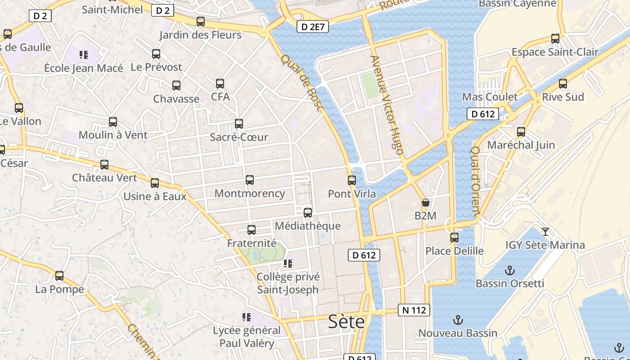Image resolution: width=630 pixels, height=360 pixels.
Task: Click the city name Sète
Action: tap(346, 321)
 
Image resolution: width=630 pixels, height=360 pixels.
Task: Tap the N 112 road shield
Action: tap(414, 310)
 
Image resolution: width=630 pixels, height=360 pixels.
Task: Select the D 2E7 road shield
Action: tap(313, 27)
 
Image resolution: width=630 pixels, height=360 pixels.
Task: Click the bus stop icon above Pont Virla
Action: tap(352, 180)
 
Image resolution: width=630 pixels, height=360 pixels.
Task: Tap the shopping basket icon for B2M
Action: tap(425, 203)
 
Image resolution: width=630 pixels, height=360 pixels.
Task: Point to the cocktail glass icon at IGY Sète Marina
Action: tap(545, 232)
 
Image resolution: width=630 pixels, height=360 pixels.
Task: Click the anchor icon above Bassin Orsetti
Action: tap(510, 270)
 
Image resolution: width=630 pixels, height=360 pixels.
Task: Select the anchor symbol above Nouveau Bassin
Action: tap(458, 320)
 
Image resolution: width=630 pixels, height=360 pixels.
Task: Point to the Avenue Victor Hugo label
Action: tap(386, 105)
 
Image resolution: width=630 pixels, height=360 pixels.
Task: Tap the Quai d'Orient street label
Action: tap(477, 180)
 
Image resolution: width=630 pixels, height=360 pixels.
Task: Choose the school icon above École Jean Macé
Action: tap(83, 55)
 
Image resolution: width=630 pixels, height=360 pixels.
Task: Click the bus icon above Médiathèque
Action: tap(308, 213)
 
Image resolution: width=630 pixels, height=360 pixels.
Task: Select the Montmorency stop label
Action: tap(250, 193)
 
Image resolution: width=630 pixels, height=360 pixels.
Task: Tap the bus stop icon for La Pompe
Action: tap(59, 276)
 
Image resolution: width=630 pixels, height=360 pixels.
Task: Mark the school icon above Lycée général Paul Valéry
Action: tap(246, 318)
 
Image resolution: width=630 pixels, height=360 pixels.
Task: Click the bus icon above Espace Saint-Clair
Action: tap(555, 39)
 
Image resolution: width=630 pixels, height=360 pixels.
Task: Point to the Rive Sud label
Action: tap(563, 97)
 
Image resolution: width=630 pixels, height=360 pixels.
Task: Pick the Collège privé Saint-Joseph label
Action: tap(288, 283)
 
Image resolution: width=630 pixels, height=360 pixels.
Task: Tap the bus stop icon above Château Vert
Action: tap(104, 165)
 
